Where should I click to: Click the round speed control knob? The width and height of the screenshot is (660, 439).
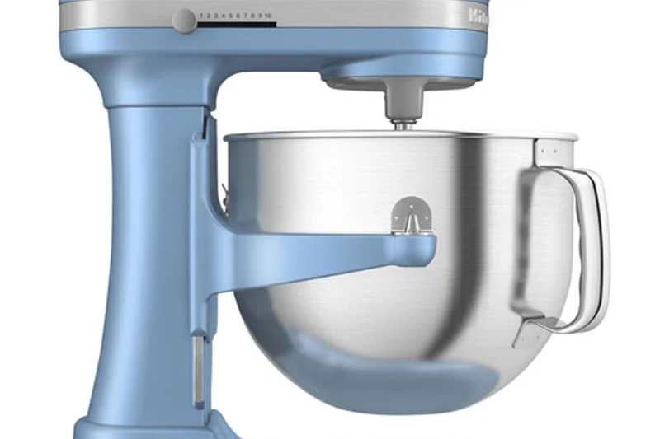pos(184,20)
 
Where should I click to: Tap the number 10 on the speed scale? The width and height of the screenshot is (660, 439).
pos(268,16)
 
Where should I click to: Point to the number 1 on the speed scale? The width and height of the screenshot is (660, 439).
pos(200,16)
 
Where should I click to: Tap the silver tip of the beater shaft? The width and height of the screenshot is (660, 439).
pos(404,125)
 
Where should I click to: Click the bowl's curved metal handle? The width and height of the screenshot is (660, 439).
pos(587,247)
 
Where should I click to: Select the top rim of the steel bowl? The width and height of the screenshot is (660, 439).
pos(396,134)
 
